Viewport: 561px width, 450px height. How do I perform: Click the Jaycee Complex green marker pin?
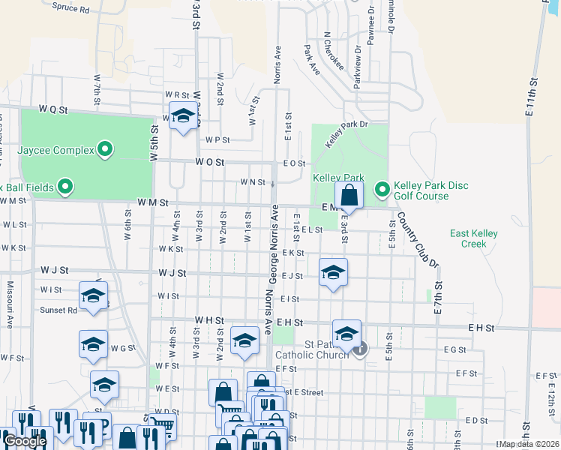106,150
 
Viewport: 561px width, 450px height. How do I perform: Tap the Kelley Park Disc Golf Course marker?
382,188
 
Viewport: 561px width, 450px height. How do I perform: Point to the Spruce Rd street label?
71,10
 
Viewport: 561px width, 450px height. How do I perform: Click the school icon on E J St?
333,272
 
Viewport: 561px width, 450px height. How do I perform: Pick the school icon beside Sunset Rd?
93,295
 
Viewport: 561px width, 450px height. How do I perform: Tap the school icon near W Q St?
182,116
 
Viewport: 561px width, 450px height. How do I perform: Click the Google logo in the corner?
25,442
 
